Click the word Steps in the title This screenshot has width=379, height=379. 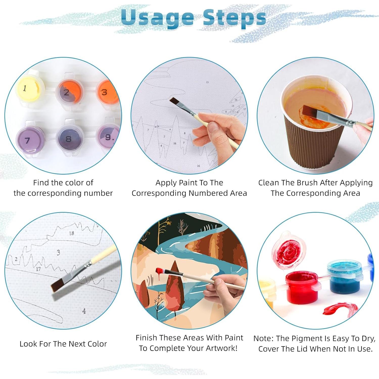(234, 18)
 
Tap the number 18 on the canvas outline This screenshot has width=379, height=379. (72, 233)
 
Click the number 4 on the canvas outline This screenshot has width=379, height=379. (84, 311)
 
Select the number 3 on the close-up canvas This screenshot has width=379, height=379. (58, 252)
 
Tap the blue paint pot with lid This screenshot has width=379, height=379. (345, 278)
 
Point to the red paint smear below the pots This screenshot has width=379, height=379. (340, 310)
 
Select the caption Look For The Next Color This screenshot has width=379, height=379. (63, 344)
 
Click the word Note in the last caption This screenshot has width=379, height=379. (263, 338)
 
